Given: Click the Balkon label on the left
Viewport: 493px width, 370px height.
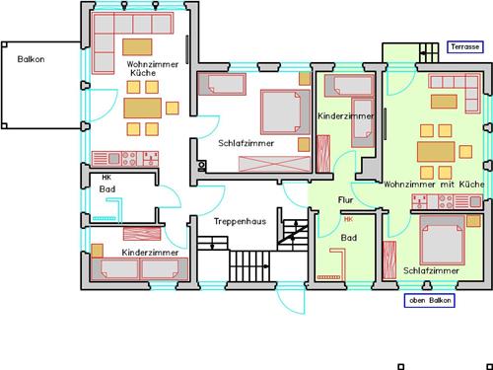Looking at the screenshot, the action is (x=31, y=59).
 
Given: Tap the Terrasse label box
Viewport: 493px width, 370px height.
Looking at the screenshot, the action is (x=465, y=47).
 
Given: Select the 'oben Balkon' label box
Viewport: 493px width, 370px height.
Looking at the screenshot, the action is (x=430, y=300).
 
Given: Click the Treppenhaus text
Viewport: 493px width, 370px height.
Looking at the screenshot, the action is (x=240, y=221).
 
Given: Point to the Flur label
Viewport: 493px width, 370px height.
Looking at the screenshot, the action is (x=345, y=200).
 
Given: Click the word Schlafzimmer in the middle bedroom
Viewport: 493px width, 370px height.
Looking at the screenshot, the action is (x=246, y=143).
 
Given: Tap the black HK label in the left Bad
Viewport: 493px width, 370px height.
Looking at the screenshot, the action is (x=106, y=178).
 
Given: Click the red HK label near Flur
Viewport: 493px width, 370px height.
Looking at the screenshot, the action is (x=348, y=219).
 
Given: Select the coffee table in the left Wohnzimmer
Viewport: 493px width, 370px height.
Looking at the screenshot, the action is (x=137, y=47).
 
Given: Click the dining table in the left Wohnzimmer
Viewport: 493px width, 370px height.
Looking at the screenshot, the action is (x=142, y=108).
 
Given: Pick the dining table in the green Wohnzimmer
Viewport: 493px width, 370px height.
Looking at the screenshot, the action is (x=436, y=152).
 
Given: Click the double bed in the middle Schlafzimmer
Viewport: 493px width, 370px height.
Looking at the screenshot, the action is (x=286, y=111).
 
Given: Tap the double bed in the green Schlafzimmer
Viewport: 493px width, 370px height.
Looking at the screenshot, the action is (x=443, y=240).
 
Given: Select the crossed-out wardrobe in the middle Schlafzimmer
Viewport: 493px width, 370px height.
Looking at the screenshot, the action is (x=275, y=164).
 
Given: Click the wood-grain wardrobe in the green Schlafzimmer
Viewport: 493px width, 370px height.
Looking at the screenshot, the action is (x=389, y=259).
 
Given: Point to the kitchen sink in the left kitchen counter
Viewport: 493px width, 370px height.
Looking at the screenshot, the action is (x=113, y=159).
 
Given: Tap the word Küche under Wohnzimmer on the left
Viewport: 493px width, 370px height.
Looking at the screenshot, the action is (x=143, y=73).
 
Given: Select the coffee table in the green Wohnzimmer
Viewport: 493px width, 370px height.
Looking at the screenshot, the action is (x=444, y=102).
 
